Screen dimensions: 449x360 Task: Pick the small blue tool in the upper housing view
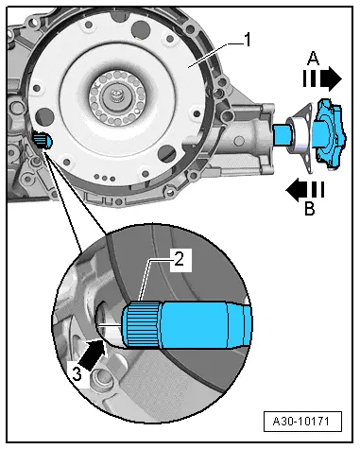point(43,139)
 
